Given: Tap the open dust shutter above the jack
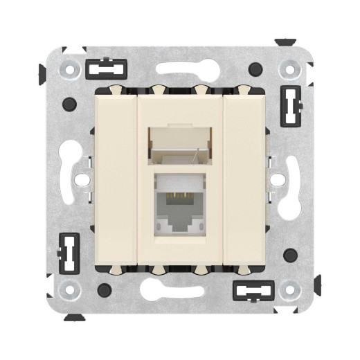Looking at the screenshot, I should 180,142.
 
